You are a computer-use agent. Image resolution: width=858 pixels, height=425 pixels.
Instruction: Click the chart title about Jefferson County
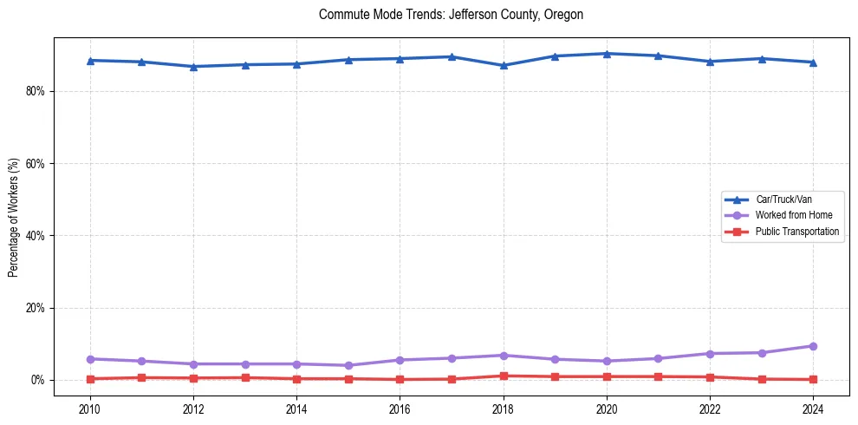pos(451,15)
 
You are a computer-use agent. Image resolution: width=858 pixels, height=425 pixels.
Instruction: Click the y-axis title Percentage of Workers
pos(14,218)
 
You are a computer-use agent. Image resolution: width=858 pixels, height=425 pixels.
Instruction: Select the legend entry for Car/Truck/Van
pos(783,199)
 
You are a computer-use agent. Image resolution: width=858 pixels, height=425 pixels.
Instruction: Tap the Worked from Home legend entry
pos(793,215)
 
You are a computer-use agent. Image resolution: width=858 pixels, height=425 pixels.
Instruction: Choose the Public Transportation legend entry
pos(796,232)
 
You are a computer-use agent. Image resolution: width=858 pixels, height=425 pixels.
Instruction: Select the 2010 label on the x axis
pos(89,409)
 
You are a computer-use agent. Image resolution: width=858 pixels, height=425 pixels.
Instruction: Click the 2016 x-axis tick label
pos(400,409)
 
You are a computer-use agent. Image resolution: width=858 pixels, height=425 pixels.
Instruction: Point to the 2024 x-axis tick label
pos(813,409)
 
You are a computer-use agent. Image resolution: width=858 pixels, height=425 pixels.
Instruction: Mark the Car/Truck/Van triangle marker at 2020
pos(607,54)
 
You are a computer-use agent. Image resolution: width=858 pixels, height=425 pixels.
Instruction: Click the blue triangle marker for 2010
pos(89,61)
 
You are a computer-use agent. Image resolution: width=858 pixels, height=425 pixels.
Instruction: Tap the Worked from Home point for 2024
pos(813,346)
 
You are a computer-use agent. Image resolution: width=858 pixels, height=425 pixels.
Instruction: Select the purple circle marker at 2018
pos(504,356)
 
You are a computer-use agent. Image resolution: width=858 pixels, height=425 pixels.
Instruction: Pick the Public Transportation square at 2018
pos(504,376)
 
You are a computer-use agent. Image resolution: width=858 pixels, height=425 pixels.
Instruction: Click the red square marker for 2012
pos(193,378)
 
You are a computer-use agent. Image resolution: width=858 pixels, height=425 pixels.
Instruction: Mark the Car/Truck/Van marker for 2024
pos(813,62)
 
